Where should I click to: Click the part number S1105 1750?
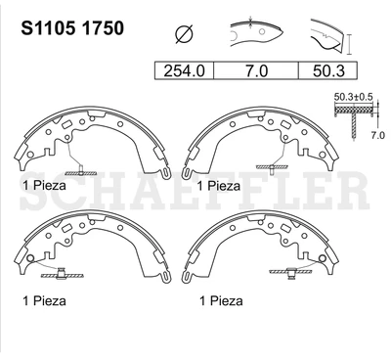click(x=72, y=28)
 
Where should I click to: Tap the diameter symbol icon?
click(x=184, y=34)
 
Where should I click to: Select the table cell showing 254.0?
click(x=184, y=70)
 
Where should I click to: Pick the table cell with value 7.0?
click(x=256, y=70)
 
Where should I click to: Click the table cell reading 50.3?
click(x=328, y=70)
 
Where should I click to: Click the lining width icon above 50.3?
click(x=330, y=36)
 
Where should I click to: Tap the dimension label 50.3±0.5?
click(x=353, y=97)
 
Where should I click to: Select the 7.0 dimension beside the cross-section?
click(x=378, y=135)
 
